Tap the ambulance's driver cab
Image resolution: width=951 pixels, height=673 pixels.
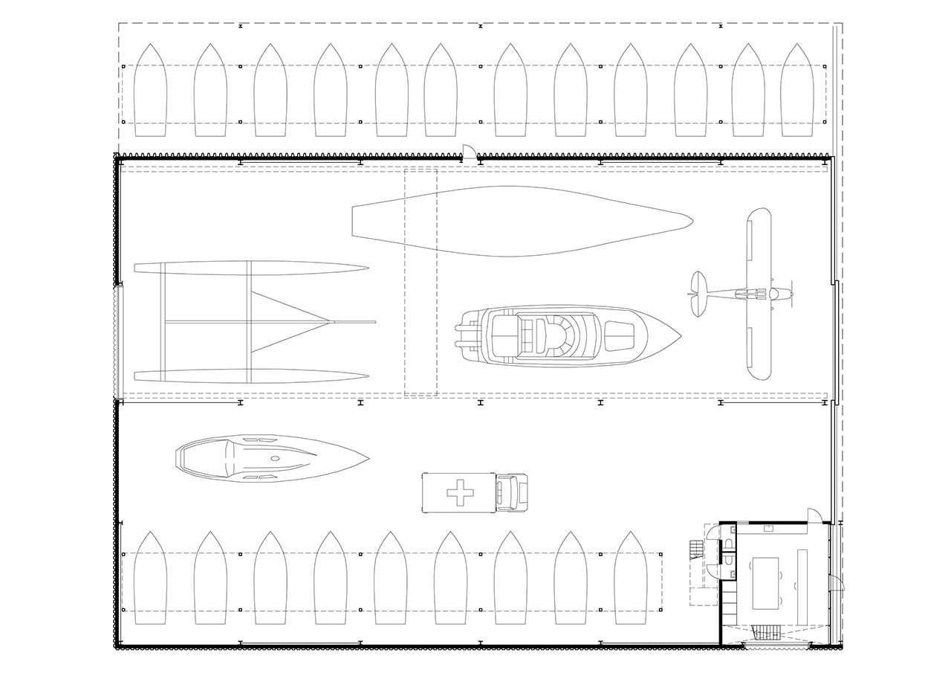point(511,492)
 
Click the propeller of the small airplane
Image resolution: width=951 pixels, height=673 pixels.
point(791,294)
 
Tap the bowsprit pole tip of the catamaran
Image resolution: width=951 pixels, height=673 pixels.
point(374,322)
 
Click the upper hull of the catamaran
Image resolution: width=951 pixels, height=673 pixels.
point(253,268)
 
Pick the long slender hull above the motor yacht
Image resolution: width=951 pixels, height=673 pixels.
point(520,221)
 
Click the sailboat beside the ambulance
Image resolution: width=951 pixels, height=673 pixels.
point(271,460)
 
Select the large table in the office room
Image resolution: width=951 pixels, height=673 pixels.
point(766,583)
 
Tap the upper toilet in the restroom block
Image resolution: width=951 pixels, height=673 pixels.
point(729,544)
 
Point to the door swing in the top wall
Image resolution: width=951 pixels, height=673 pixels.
point(469,152)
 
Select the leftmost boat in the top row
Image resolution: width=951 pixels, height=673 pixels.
point(151,91)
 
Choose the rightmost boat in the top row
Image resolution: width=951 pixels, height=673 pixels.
point(797,91)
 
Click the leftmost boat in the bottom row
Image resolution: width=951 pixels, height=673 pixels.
point(151,579)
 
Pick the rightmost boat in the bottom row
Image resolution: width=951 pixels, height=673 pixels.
point(630,579)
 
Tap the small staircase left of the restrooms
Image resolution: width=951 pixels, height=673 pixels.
point(695,549)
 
